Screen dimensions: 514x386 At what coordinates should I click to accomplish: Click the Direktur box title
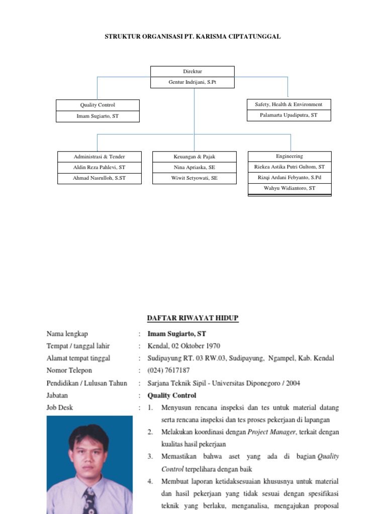[192, 72]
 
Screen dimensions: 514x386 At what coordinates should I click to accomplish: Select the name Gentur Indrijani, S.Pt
[192, 82]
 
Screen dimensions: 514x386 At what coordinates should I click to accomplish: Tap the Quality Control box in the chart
[98, 105]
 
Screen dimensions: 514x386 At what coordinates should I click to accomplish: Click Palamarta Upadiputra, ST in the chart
[288, 115]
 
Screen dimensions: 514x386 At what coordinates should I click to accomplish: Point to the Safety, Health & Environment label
[288, 104]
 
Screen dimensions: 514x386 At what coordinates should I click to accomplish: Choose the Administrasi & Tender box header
[99, 157]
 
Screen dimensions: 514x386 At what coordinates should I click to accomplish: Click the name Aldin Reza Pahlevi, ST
[99, 167]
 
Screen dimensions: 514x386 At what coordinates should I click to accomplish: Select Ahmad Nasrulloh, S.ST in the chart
[99, 178]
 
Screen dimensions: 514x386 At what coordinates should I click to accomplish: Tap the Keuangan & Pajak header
[194, 157]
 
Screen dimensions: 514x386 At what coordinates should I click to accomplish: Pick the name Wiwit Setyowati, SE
[194, 178]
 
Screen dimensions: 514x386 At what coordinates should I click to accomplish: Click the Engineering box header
[289, 156]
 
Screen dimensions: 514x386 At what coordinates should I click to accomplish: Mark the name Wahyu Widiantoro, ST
[289, 188]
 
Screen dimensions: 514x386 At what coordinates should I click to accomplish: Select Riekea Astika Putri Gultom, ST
[289, 167]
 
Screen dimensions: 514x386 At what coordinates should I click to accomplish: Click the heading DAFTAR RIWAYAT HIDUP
[192, 318]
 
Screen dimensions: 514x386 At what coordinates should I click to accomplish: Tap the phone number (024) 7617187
[168, 370]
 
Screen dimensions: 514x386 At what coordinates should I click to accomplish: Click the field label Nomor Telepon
[69, 370]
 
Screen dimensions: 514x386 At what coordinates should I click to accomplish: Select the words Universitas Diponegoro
[240, 383]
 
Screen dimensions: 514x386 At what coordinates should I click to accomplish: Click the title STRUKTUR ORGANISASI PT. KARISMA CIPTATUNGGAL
[192, 37]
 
